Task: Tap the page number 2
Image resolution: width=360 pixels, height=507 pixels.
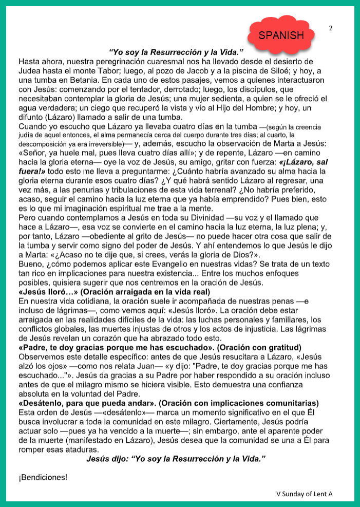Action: tap(331, 28)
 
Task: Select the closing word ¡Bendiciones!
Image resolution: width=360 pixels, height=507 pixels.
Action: tap(43, 477)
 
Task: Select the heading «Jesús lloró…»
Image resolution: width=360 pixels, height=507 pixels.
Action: tap(46, 292)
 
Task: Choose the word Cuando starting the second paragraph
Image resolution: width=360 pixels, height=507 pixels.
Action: tap(32, 126)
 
